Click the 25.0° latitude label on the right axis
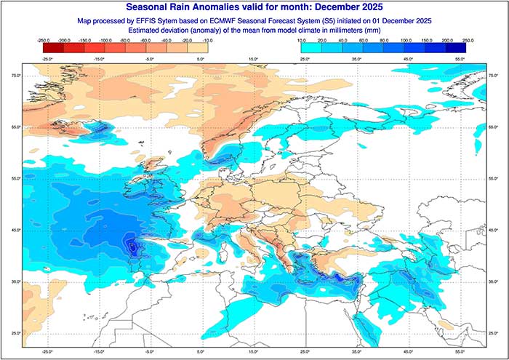(x=493, y=333)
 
